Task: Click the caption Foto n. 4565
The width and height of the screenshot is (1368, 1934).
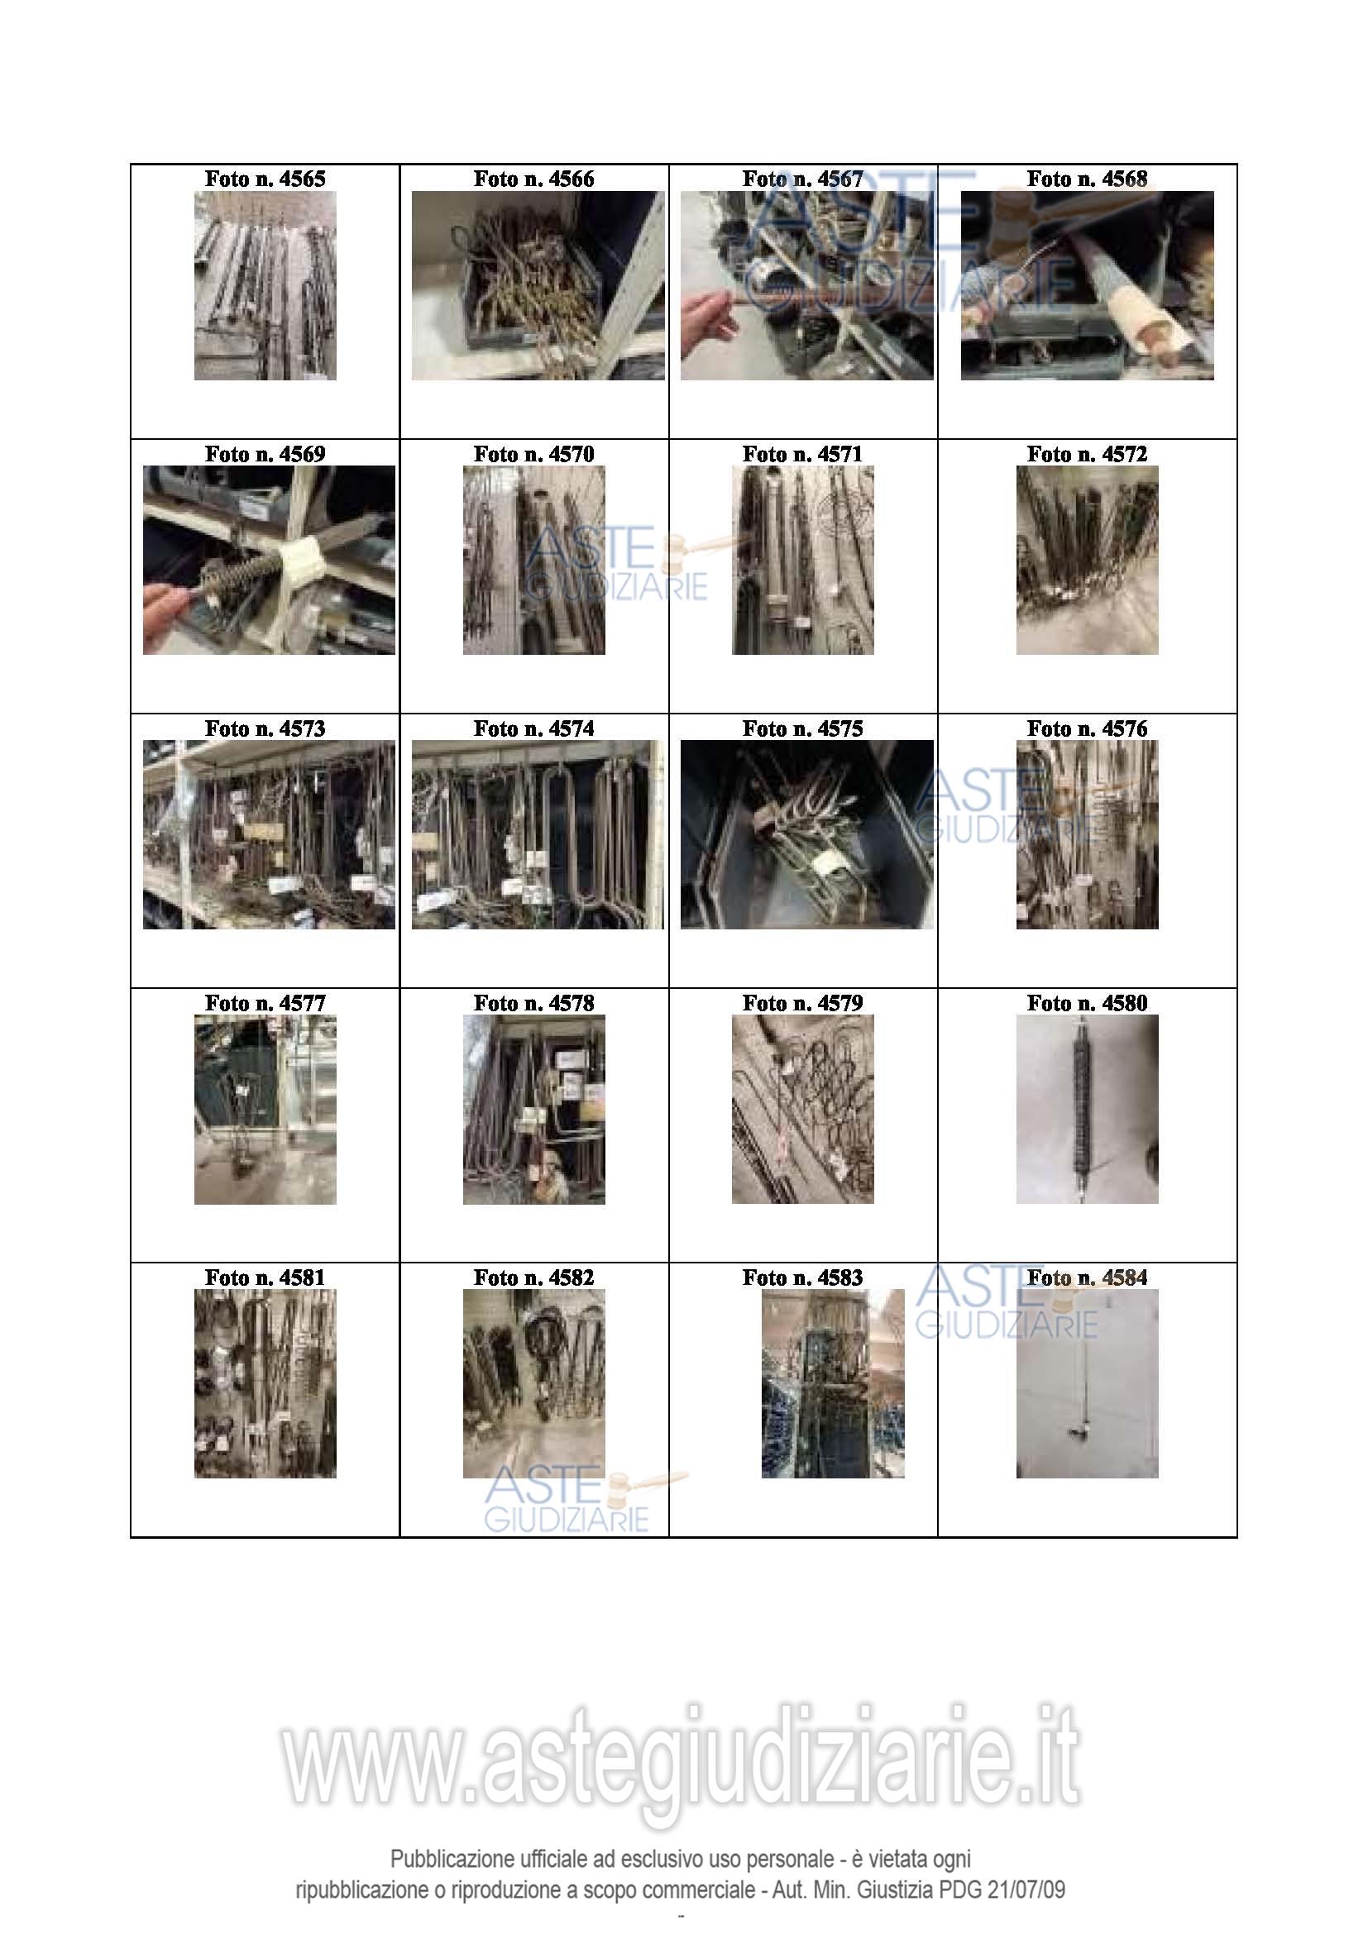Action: pos(265,179)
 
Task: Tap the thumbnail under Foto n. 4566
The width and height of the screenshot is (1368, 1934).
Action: pos(538,285)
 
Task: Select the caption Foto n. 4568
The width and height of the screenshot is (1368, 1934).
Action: pos(1087,179)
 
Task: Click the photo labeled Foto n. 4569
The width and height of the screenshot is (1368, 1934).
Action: pos(269,560)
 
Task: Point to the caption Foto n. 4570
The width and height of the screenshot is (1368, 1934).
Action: pos(533,454)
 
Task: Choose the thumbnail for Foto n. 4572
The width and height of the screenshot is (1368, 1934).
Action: pos(1087,560)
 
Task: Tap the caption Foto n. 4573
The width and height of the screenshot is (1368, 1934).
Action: pos(265,728)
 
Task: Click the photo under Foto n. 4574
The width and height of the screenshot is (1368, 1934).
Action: pos(538,835)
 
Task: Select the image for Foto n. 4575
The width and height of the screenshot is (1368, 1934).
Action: pos(807,835)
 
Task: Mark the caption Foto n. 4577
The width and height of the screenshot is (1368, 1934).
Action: pos(265,1003)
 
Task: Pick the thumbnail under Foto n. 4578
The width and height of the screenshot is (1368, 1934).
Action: pos(533,1110)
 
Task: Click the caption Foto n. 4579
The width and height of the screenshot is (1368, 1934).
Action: pos(802,1003)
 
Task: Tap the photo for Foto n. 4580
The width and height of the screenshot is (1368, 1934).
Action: pos(1087,1110)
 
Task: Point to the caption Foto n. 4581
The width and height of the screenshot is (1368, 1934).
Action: pos(265,1277)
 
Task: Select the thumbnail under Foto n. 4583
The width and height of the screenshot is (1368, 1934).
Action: pos(832,1384)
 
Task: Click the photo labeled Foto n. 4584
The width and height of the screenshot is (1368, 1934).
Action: pos(1087,1384)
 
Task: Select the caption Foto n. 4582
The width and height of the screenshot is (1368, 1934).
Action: pos(533,1277)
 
